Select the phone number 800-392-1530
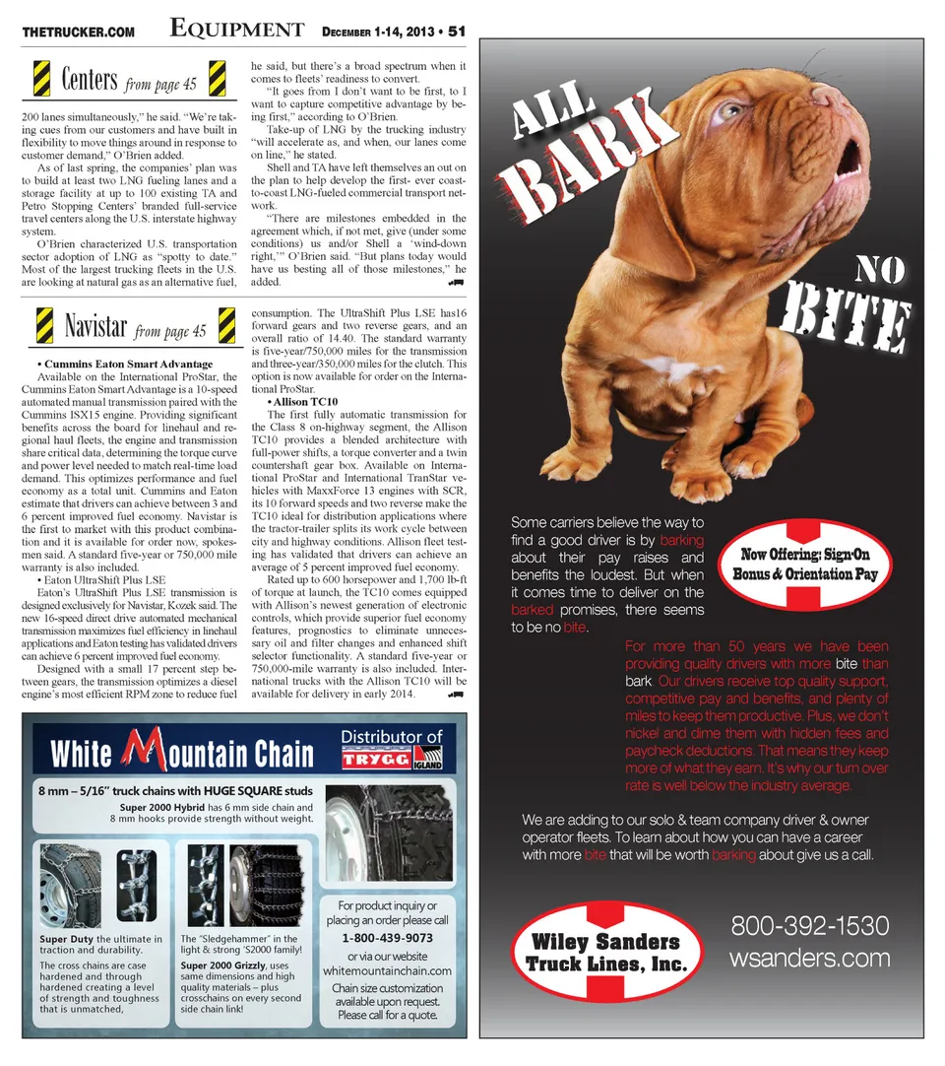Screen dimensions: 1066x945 coord(809,926)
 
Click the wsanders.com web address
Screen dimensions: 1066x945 coord(809,957)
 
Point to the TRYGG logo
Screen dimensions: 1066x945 coord(377,760)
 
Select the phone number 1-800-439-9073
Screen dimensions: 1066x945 coord(387,937)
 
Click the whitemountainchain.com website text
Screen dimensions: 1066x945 coord(387,970)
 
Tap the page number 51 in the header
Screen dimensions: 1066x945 coord(457,31)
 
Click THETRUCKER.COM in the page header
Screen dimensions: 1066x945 coord(78,33)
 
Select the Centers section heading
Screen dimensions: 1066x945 coord(90,79)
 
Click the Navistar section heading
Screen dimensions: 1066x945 coord(95,325)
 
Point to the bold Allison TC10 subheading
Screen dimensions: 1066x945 coord(302,402)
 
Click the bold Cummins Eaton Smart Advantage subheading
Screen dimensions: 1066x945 coord(128,365)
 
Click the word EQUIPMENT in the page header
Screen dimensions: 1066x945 coord(236,30)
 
